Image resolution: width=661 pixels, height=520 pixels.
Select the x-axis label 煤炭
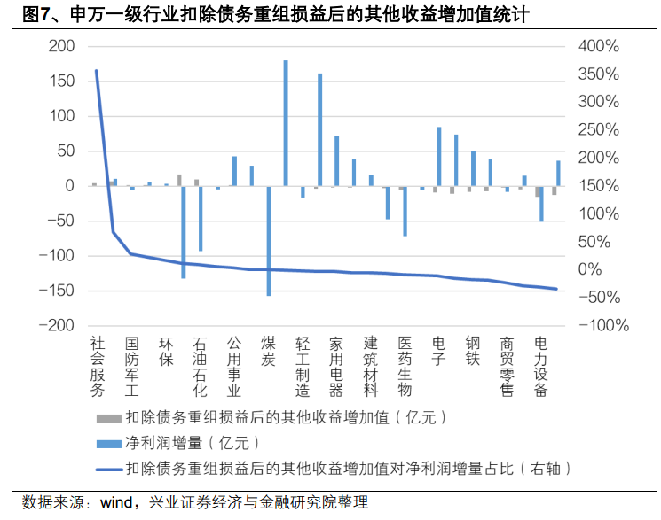268,350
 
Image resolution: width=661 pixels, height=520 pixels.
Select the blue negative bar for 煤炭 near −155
268,240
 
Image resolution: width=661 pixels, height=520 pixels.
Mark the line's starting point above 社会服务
96,70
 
